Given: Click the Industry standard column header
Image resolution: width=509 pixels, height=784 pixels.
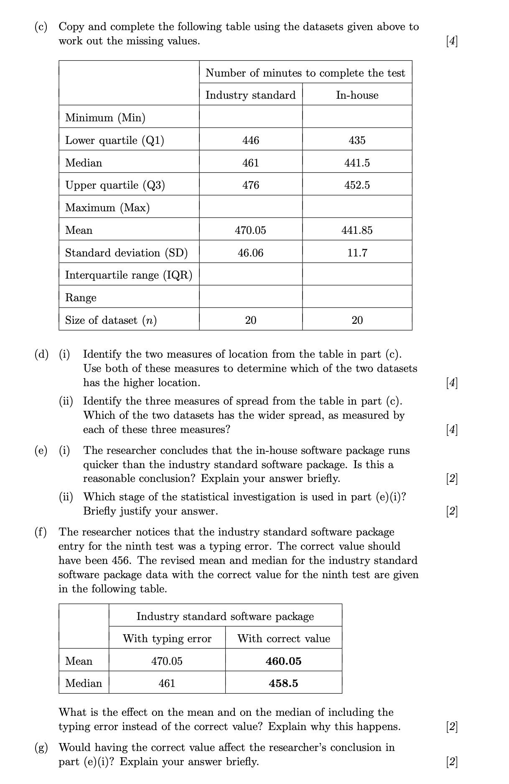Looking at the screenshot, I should pos(250,95).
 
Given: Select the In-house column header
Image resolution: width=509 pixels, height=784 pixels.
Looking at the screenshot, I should pos(357,95).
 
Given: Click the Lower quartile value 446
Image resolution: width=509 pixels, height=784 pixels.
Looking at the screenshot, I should pos(251,140).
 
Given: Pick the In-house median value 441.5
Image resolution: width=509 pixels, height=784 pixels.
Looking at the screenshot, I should pos(357,163).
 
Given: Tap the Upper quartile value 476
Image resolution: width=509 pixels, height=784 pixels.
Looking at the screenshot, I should pos(251,185).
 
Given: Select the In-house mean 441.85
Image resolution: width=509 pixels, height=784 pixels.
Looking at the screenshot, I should pos(357,230).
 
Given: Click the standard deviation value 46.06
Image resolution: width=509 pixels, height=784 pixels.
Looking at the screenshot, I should pos(251,253).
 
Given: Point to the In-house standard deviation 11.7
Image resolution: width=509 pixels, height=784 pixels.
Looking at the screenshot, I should pos(357,253).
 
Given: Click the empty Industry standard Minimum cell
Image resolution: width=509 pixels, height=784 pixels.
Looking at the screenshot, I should pos(251,117).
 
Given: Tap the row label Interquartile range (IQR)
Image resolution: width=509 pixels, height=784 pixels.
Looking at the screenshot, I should pos(129,275).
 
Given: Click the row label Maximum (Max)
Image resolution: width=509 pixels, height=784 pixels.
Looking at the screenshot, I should pos(107,208).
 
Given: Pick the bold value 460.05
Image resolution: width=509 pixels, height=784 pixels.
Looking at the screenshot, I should pos(284,661).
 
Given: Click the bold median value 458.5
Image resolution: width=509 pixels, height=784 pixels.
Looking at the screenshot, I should pos(284,683).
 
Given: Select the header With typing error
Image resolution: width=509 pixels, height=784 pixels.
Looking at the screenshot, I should pos(167,638).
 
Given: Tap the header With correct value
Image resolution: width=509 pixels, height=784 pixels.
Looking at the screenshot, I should pos(284,638).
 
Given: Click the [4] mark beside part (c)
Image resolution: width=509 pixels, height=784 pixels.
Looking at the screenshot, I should pos(452,41).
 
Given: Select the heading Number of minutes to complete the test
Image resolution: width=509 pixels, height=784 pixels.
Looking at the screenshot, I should pos(305,73).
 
